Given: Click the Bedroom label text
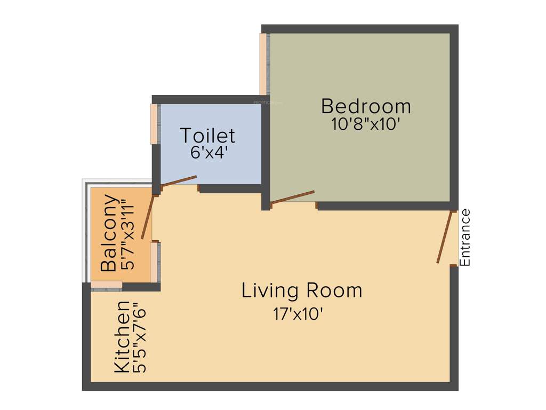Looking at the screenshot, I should [366, 106].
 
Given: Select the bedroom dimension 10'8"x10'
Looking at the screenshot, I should [365, 124].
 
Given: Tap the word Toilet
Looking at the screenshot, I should [207, 136].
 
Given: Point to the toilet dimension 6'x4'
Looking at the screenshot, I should [209, 153].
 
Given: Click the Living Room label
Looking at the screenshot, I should [302, 291].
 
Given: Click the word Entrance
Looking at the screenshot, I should [465, 238].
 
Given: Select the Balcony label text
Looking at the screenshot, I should [109, 233].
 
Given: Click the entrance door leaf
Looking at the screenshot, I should [445, 237].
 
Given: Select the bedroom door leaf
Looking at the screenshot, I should [292, 196].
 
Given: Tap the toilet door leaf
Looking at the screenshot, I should [179, 181].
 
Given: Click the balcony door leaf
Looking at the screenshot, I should [147, 217].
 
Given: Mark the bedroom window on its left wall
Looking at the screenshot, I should [263, 64].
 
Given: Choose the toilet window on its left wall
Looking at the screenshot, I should [154, 124].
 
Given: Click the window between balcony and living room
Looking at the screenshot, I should [155, 262].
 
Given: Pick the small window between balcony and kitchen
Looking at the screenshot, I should [107, 286].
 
